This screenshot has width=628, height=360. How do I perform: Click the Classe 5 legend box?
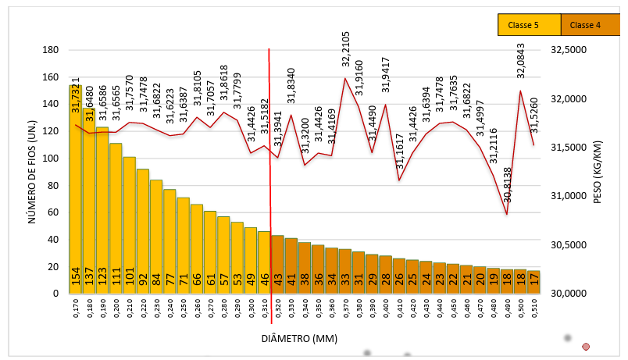(x=529, y=25)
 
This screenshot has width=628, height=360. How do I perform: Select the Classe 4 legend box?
(x=590, y=25)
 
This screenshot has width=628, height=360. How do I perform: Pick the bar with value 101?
(x=129, y=226)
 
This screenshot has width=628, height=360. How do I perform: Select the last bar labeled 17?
(x=533, y=282)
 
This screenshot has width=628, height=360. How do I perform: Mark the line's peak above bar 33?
(x=345, y=78)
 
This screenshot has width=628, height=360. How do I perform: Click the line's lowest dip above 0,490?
(x=507, y=215)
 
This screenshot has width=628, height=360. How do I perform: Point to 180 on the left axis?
(x=51, y=50)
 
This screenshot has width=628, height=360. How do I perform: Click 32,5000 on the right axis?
(x=569, y=50)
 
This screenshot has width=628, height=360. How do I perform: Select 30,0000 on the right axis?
(x=569, y=294)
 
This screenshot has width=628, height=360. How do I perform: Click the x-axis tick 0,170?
(x=76, y=311)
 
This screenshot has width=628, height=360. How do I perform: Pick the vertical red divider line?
(x=270, y=195)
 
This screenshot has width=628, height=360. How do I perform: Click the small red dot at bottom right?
(x=586, y=346)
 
